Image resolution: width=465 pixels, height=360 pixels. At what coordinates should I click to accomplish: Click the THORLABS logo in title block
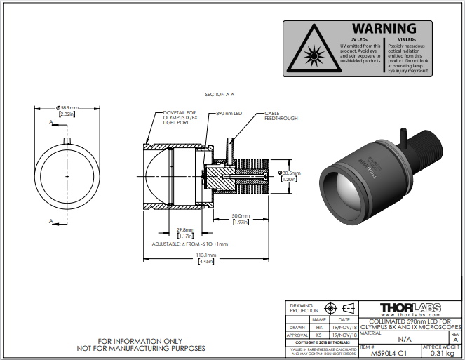click(410, 309)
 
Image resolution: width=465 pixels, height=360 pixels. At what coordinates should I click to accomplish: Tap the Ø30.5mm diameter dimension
click(288, 172)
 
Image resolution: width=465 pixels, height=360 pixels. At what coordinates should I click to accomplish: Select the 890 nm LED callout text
click(229, 112)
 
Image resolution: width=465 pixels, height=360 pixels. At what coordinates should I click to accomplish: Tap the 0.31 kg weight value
click(443, 354)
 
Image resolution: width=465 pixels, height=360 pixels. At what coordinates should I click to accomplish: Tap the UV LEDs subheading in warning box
click(358, 40)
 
